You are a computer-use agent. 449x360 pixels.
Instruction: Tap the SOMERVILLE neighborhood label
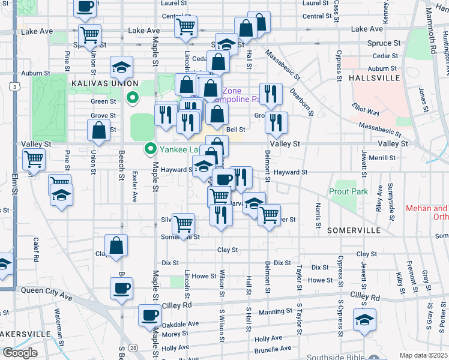click(x=354, y=230)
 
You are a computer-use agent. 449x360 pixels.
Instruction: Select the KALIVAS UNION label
click(x=104, y=83)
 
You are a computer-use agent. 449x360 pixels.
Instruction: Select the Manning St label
click(x=275, y=311)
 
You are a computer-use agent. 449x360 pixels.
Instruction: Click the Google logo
click(x=20, y=353)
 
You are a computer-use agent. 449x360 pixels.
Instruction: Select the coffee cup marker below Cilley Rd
click(x=149, y=316)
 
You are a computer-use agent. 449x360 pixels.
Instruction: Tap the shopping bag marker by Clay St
click(x=116, y=246)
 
